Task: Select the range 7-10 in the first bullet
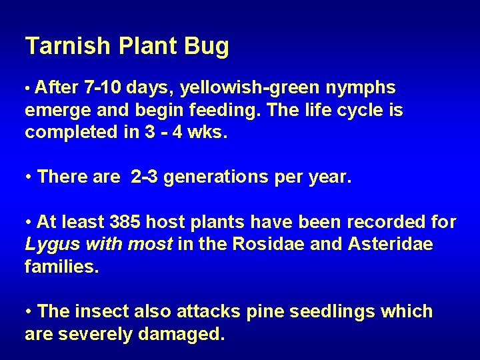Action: [107, 88]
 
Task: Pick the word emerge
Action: [55, 110]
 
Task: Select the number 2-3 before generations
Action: [145, 177]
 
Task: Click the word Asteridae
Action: [390, 244]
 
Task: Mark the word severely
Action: [97, 334]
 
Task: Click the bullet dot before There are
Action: [29, 177]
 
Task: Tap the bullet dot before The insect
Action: [29, 312]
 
